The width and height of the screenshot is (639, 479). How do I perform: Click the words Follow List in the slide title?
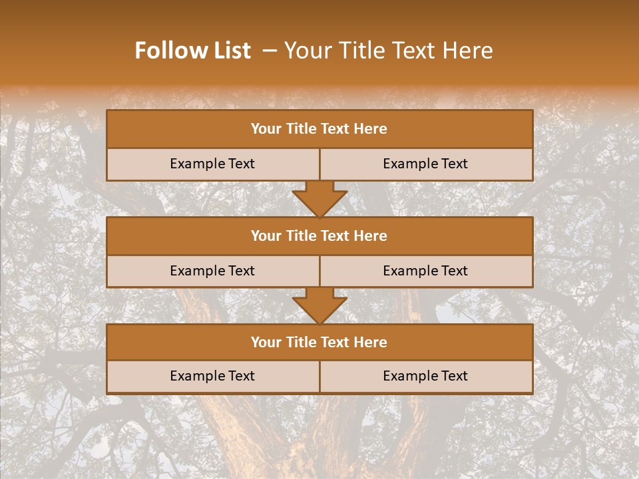pos(192,51)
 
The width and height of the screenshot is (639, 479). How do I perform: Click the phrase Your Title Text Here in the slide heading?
pos(388,51)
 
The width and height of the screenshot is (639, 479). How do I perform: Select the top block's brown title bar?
pos(319,129)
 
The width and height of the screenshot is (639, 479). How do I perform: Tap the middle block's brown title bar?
pos(319,236)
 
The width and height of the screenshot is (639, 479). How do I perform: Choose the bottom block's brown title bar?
pos(319,342)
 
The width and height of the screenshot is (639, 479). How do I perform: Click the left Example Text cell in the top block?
pos(212,164)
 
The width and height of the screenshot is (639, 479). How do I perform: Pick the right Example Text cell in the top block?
pos(425,164)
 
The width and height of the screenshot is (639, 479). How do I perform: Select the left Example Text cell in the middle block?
pos(212,271)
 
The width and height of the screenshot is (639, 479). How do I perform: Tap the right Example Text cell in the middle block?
pos(425,271)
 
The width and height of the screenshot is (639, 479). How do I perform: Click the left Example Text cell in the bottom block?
pos(212,376)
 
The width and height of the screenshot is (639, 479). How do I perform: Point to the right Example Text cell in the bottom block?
pos(425,376)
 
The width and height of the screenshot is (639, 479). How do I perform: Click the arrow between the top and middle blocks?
pos(319,199)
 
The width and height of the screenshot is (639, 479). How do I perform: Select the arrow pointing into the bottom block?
pos(319,305)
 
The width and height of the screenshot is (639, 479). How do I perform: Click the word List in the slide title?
pos(230,51)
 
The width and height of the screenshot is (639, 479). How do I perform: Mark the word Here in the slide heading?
pos(469,51)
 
